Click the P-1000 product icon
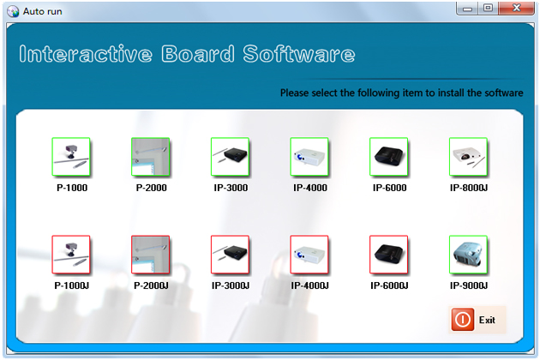pos(71,157)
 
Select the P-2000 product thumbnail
pos(151,157)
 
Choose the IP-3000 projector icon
pos(230,157)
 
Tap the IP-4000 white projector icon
pos(309,157)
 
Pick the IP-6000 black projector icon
pos(389,157)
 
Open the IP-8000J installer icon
pos(468,157)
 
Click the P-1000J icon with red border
pos(71,255)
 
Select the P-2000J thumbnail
pos(151,255)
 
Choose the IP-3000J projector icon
pos(230,255)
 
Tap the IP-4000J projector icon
pos(309,255)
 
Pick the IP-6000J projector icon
pos(389,255)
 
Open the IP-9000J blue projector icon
pos(468,255)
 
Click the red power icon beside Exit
pos(463,320)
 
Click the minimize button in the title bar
pos(467,9)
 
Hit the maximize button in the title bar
pos(488,9)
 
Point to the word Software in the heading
pos(299,54)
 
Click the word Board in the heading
pos(198,54)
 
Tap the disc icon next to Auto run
pos(13,11)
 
